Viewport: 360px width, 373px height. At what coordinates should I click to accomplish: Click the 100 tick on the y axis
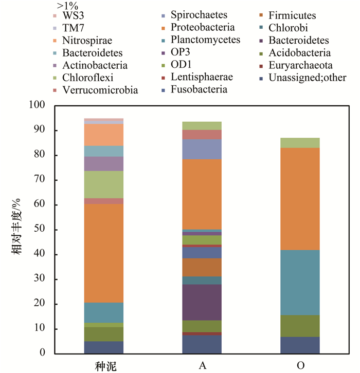pos(39,105)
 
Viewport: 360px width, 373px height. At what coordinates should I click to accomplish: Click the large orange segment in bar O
pos(300,198)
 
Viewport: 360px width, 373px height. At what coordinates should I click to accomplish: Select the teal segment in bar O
pos(300,282)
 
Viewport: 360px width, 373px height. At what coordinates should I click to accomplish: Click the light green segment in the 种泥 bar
pos(104,184)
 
